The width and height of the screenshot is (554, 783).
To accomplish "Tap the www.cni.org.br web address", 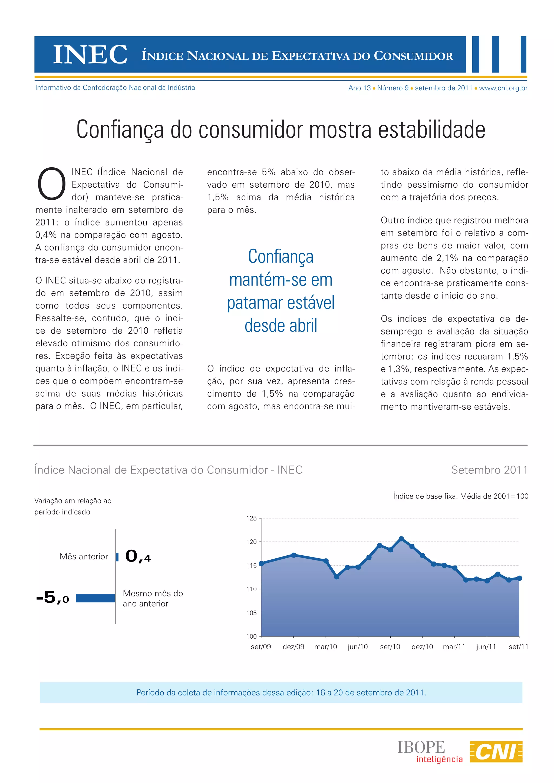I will pos(503,88).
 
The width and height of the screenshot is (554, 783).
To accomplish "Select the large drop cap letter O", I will pos(51,184).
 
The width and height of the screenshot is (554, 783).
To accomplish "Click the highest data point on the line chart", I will pos(401,539).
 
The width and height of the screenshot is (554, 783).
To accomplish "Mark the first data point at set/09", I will pos(261,563).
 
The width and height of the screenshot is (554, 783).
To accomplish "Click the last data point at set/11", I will pos(519,578).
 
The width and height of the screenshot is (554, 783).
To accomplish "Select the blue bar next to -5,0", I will pos(95,598).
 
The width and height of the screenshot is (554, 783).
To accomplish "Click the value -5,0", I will pos(52,598).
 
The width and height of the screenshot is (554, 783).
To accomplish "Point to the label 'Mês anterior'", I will pos(84,556).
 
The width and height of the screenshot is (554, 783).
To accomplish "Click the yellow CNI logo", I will pos(496,751).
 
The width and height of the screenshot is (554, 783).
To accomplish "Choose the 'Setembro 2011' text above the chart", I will pos(489,470).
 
